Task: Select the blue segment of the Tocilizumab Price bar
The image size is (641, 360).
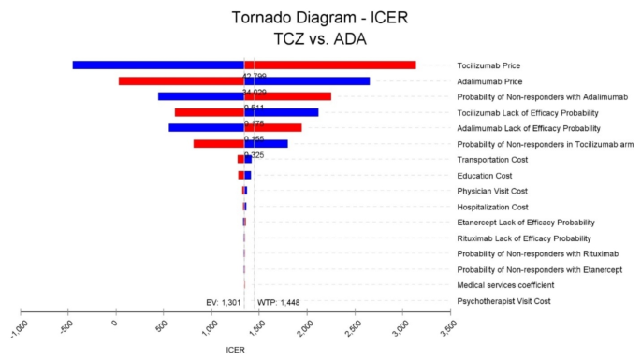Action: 158,65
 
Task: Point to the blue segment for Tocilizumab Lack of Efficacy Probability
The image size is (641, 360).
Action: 281,112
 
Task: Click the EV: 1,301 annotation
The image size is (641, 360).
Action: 224,302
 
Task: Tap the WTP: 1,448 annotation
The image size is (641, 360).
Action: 278,302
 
